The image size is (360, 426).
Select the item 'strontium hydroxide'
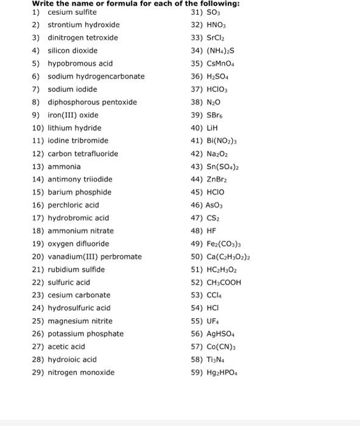tap(83, 25)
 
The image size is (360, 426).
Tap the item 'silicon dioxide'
tap(72, 51)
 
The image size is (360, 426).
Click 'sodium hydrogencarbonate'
tap(96, 76)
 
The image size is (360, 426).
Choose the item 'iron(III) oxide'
tap(72, 115)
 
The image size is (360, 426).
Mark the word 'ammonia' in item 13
tap(64, 166)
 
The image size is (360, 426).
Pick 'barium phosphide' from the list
tap(79, 192)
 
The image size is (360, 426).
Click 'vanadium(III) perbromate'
tap(94, 257)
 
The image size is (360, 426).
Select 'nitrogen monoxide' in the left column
tap(81, 372)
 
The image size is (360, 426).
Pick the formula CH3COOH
tap(224, 282)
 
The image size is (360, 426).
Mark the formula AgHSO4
tap(223, 333)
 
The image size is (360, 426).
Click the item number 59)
tap(196, 372)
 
